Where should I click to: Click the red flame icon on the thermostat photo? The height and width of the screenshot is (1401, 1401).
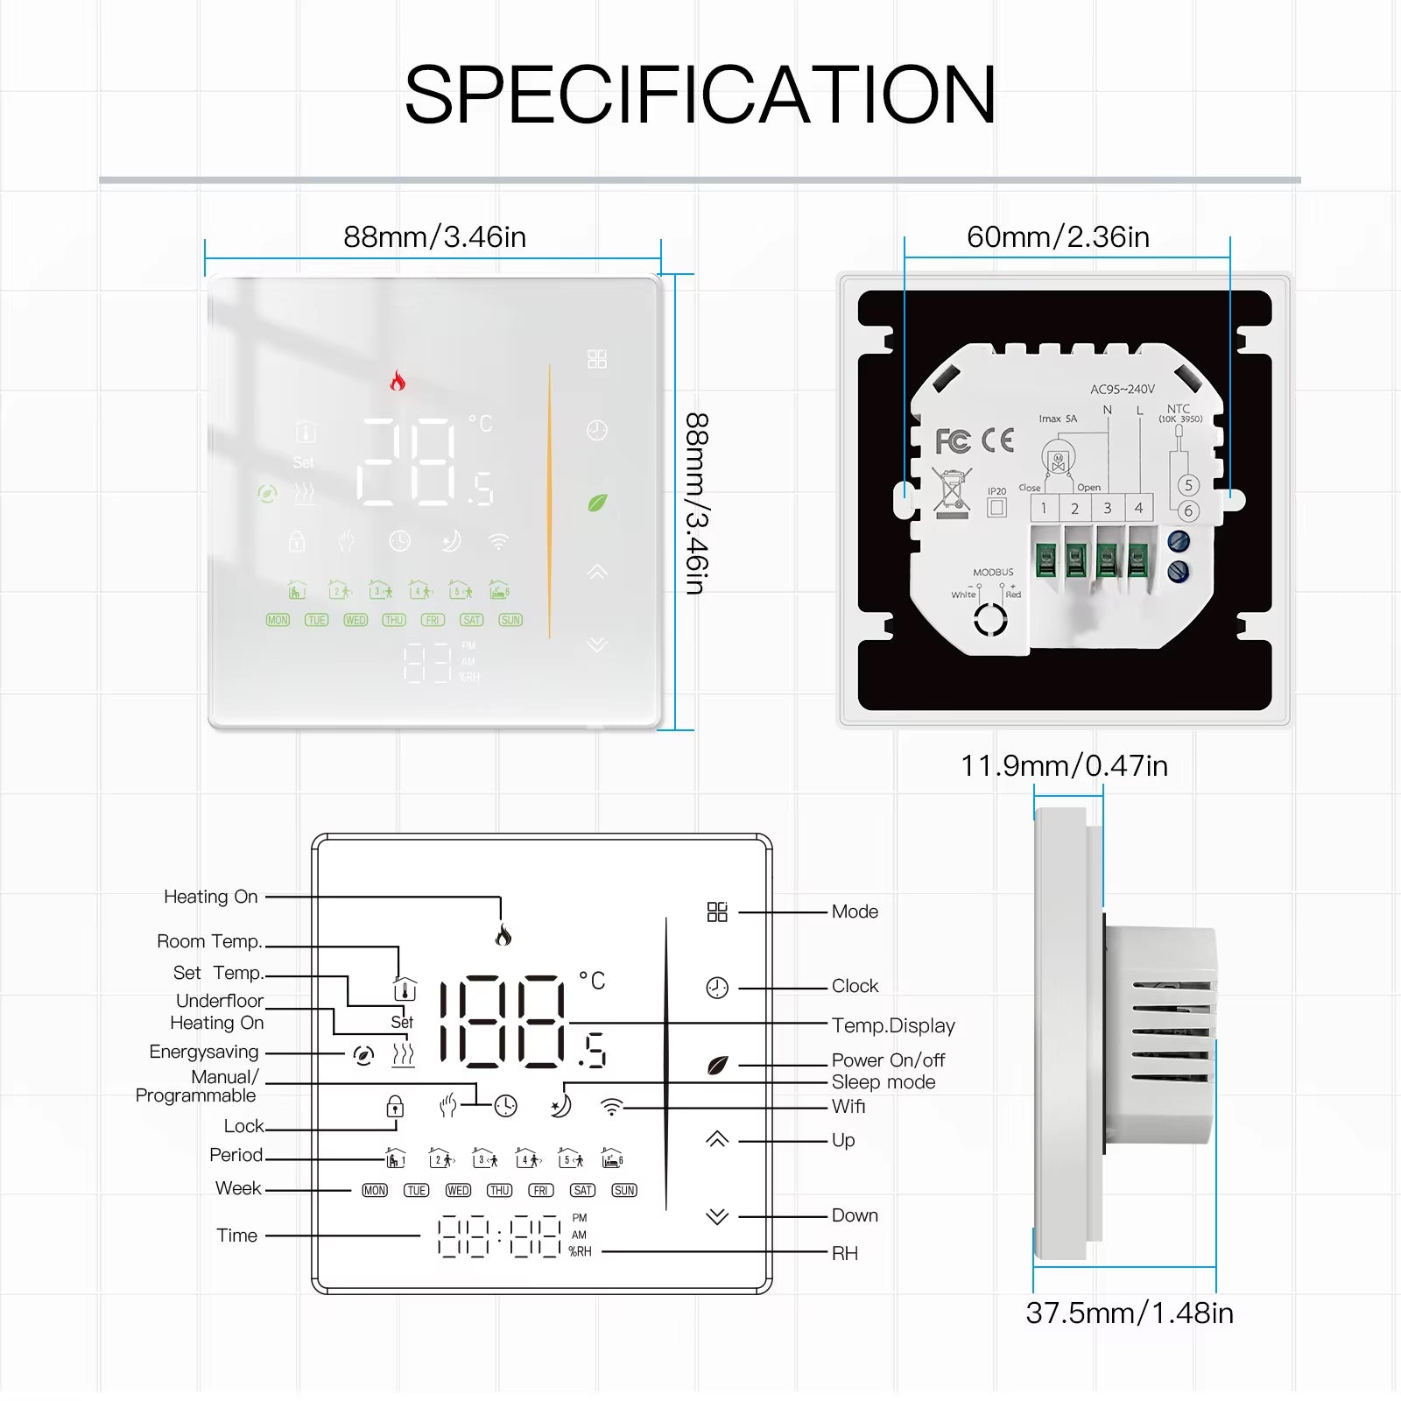click(398, 380)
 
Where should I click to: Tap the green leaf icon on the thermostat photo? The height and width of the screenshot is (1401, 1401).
click(597, 503)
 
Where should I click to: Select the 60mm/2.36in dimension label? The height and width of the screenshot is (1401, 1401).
click(1058, 237)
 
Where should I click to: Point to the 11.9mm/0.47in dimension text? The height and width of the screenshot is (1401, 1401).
click(1064, 766)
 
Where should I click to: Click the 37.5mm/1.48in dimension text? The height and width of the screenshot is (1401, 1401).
click(1130, 1313)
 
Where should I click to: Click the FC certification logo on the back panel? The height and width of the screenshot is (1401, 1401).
click(953, 441)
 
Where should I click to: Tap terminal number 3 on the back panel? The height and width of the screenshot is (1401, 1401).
click(1107, 508)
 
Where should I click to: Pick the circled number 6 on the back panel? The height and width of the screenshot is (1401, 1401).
click(1188, 511)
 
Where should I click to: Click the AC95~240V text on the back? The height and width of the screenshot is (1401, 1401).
click(1122, 390)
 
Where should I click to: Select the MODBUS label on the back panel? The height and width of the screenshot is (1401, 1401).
click(993, 573)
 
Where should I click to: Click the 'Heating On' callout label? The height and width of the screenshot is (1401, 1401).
click(211, 897)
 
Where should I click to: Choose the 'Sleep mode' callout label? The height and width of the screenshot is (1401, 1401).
click(884, 1082)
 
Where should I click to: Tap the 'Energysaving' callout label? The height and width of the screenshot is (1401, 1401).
click(204, 1052)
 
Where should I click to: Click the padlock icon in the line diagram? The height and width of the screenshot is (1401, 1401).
click(395, 1107)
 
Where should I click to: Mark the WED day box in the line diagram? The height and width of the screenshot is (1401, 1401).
click(458, 1191)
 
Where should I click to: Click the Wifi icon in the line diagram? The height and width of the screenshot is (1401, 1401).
click(611, 1108)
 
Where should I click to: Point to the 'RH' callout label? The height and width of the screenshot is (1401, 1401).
click(845, 1254)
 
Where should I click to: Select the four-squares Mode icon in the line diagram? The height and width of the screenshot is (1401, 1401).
click(717, 912)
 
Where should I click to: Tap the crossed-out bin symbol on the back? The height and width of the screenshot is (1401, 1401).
click(952, 490)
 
